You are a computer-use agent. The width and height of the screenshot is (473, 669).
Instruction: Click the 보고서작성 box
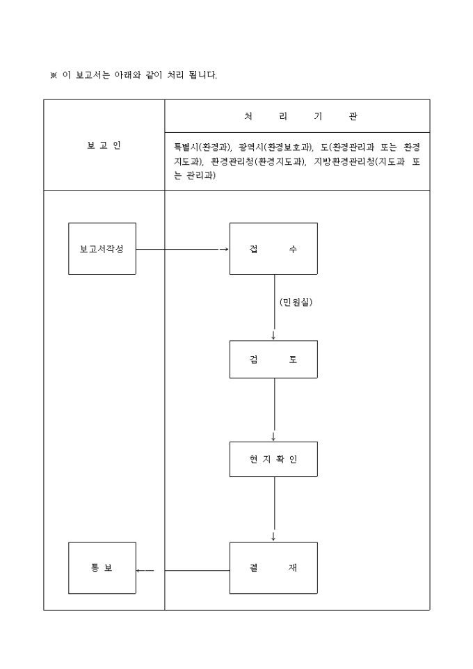102,248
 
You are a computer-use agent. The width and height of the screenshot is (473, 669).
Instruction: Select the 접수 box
273,248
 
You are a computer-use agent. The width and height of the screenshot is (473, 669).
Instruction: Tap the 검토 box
273,359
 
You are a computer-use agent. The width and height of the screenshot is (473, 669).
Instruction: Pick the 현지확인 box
273,459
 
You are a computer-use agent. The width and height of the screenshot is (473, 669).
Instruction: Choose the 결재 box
273,567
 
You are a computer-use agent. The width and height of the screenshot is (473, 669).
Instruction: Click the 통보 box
102,567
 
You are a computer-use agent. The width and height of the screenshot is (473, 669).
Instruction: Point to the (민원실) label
296,302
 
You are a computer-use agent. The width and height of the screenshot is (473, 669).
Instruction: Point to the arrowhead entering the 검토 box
273,336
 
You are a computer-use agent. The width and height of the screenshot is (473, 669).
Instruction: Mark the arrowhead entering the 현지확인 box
273,437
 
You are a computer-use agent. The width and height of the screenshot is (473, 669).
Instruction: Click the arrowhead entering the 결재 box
273,538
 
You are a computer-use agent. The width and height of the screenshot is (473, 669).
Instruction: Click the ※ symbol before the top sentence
53,75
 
